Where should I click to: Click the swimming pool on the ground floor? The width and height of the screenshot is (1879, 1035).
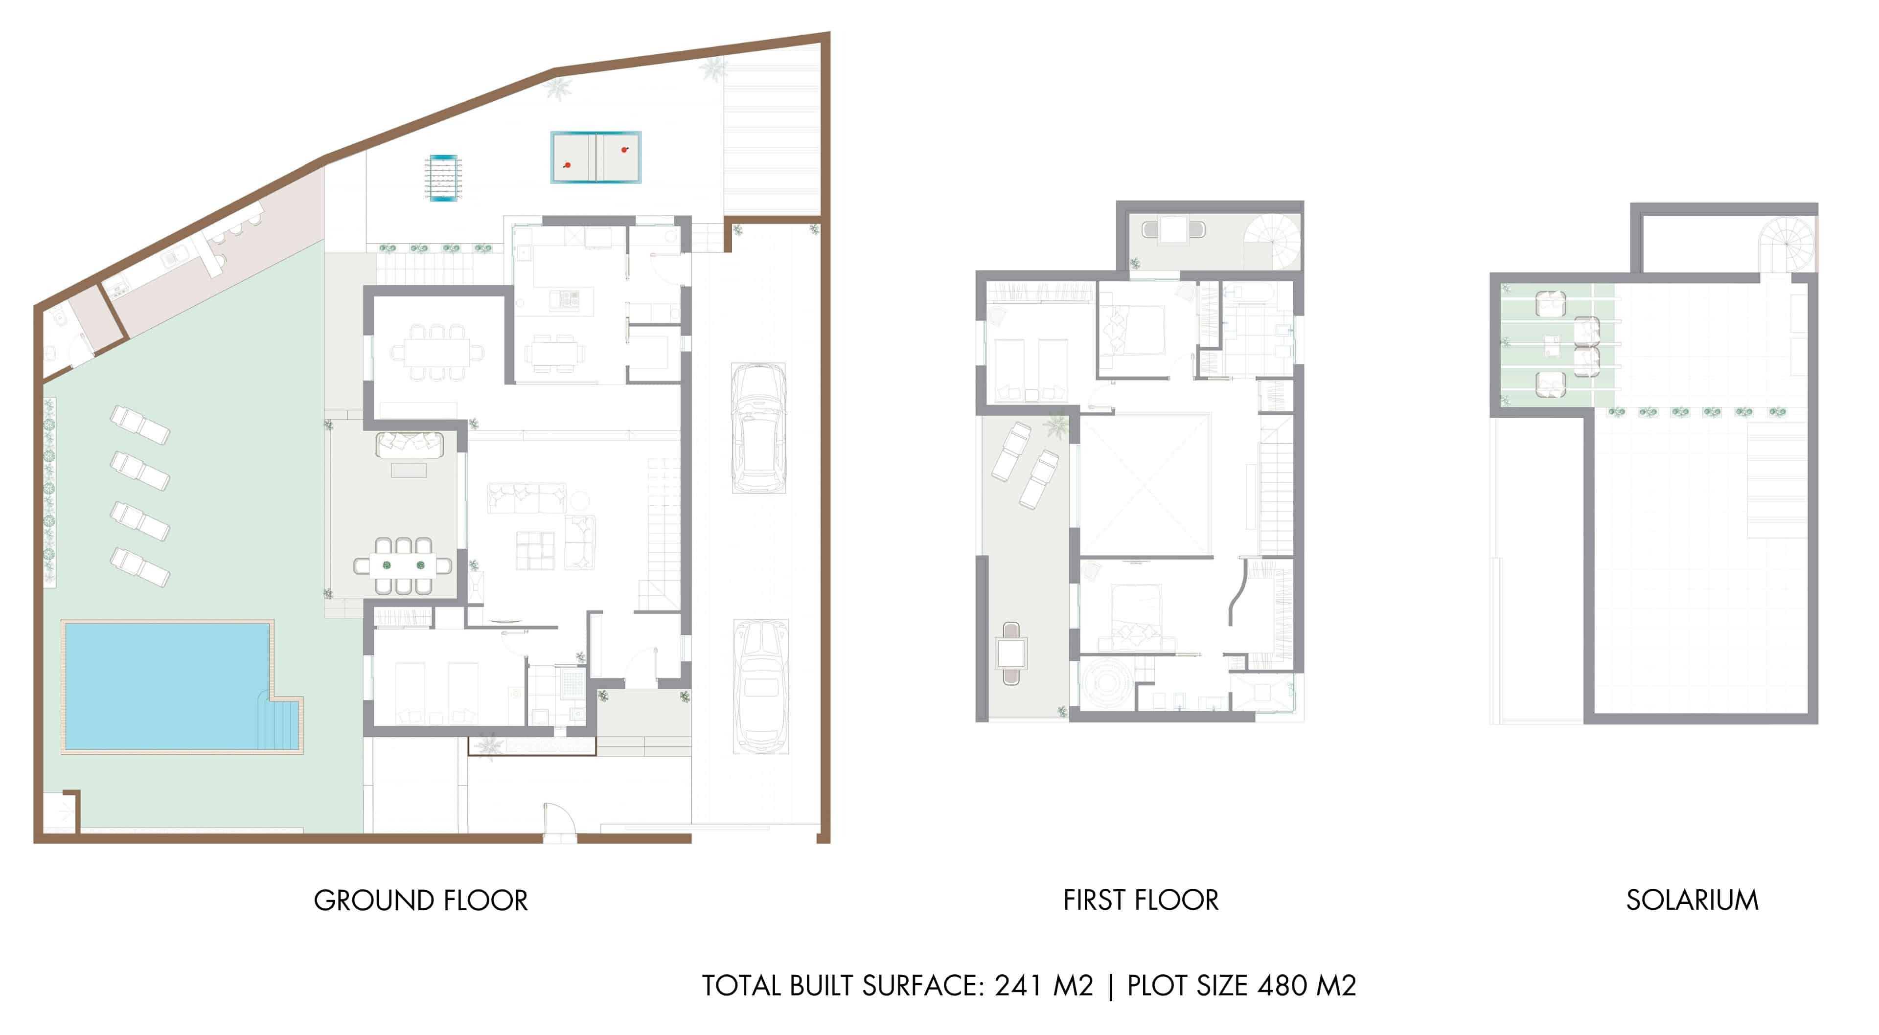(168, 686)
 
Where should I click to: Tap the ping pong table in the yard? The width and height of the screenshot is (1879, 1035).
(596, 157)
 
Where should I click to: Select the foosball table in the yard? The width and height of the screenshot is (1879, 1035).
(443, 177)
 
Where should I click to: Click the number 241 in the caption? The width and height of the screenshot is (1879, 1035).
(1018, 986)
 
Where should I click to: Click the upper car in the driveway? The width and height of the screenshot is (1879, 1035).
(758, 428)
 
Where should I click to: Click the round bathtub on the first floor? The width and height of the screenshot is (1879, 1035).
(1107, 683)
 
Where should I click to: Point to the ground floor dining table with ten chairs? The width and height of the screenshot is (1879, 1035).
(436, 352)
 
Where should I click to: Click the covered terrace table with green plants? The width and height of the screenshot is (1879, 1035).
(403, 565)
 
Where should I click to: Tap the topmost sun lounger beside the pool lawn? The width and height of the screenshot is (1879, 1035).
(140, 425)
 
